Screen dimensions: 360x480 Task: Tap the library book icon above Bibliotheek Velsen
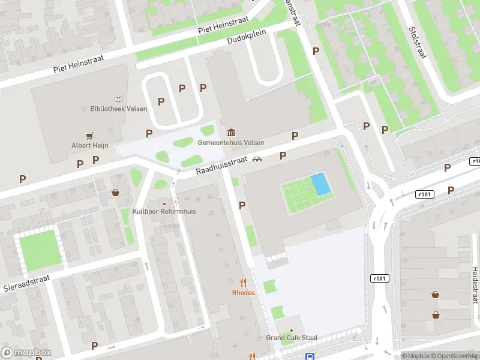click(118, 99)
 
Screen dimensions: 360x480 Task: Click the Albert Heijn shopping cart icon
click(89, 136)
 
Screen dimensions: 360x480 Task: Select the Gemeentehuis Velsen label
click(230, 143)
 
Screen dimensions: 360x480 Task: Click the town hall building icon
click(230, 133)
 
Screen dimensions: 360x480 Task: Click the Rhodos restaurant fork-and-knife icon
click(243, 282)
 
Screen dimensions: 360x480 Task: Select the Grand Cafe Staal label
click(292, 338)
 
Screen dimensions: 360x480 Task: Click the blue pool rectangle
click(320, 184)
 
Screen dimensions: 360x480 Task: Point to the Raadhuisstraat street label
click(221, 166)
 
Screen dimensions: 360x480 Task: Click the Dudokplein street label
click(246, 38)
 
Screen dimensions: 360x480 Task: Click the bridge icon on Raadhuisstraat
click(257, 159)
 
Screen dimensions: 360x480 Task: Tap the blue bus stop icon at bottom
click(310, 356)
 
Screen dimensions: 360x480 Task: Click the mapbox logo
click(26, 353)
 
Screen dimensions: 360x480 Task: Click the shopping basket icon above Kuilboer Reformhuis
click(115, 193)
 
